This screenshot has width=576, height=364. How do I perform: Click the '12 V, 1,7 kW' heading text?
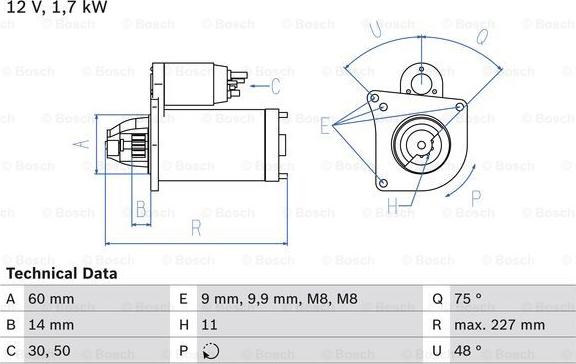(56, 8)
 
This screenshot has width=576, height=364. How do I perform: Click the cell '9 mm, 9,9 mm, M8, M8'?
(266, 298)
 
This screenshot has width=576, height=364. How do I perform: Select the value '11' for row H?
(208, 325)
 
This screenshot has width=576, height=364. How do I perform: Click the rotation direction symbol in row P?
(209, 351)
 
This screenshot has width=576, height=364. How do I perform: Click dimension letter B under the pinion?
(141, 210)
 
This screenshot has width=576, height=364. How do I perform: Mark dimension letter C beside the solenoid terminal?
(288, 86)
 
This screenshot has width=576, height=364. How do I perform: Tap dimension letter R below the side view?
(196, 228)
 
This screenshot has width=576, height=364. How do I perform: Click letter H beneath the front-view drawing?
(393, 207)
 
